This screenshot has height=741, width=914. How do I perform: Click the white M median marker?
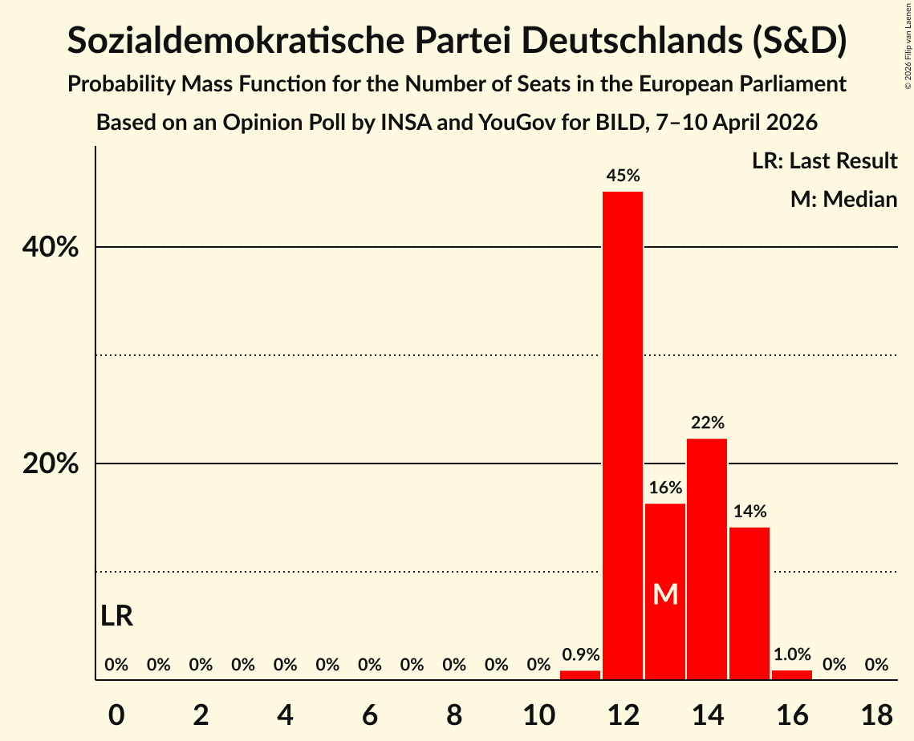(x=665, y=594)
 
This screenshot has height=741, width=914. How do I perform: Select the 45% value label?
(x=623, y=175)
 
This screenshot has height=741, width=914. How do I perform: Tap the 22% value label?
(x=707, y=422)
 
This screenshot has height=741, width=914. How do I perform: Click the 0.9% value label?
(x=580, y=654)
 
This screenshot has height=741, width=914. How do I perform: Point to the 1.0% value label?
(x=792, y=654)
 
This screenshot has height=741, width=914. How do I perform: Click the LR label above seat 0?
(x=117, y=616)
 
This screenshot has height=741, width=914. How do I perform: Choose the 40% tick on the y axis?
(x=51, y=248)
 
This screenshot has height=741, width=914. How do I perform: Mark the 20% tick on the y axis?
(x=51, y=464)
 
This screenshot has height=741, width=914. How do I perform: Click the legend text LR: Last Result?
(x=824, y=161)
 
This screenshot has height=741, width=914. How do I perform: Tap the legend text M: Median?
(x=843, y=199)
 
